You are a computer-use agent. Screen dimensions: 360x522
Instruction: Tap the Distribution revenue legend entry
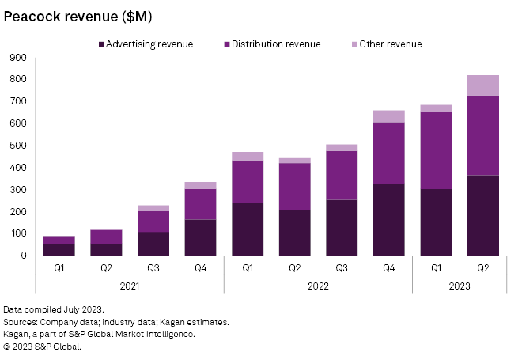(x=274, y=44)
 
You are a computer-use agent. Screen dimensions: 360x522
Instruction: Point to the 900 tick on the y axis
(x=18, y=58)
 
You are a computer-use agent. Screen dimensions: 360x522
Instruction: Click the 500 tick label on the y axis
(x=18, y=146)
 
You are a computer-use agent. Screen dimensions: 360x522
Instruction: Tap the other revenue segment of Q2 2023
(x=482, y=85)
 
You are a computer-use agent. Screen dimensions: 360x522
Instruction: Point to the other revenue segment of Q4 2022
(x=388, y=116)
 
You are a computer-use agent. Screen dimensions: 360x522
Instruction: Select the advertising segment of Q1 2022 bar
(x=248, y=229)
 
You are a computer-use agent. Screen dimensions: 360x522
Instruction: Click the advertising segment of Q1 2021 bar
(x=59, y=250)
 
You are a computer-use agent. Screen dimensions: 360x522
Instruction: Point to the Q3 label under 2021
(x=153, y=267)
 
